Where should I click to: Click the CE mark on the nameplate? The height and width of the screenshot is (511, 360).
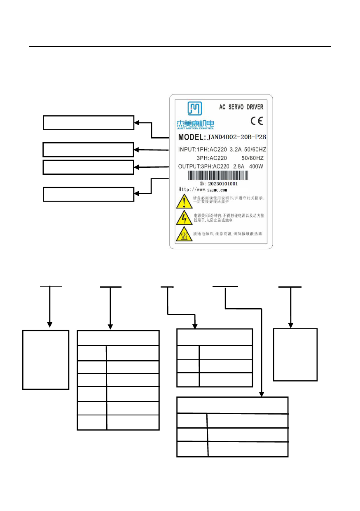pos(256,122)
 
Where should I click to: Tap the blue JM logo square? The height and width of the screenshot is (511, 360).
pos(195,109)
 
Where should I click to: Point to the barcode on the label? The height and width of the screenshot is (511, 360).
pos(219,176)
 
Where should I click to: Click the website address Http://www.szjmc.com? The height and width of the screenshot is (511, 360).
pos(203,190)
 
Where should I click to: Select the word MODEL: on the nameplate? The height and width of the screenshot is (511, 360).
pos(194,137)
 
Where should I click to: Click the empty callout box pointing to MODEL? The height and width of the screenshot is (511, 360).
pos(89,123)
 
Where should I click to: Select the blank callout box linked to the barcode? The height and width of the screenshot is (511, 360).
pos(89,194)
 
